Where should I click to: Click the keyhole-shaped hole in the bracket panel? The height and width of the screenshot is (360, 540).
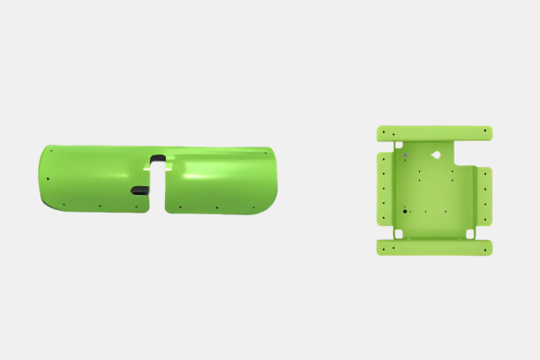pyautogui.click(x=435, y=155)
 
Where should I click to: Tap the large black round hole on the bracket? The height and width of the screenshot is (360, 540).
pyautogui.click(x=404, y=212)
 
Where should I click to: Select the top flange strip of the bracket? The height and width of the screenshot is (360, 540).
pyautogui.click(x=434, y=133)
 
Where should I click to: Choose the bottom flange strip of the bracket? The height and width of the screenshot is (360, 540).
pyautogui.click(x=434, y=247)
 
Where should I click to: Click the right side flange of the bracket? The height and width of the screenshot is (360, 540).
pyautogui.click(x=484, y=195)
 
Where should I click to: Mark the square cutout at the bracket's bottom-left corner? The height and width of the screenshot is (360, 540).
pyautogui.click(x=398, y=234)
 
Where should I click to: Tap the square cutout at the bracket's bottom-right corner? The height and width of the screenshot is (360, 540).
pyautogui.click(x=470, y=234)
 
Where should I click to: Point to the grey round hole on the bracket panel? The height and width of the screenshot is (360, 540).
pyautogui.click(x=405, y=158)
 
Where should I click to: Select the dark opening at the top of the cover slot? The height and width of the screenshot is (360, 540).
pyautogui.click(x=158, y=159)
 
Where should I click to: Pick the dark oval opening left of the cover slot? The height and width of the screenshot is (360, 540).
pyautogui.click(x=139, y=190)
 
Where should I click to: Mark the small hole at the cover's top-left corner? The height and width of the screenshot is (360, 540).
pyautogui.click(x=51, y=151)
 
